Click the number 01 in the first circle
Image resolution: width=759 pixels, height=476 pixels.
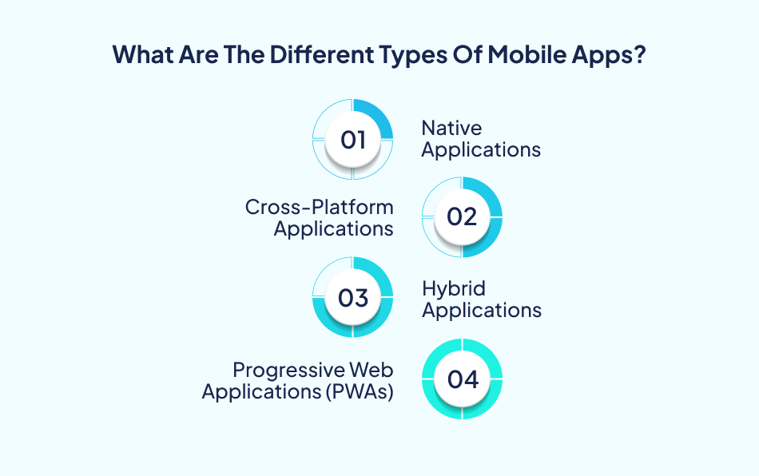[352, 140]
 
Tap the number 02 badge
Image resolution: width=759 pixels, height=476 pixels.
[462, 217]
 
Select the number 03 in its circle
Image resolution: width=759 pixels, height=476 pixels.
[352, 298]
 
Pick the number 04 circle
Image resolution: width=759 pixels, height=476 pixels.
[462, 379]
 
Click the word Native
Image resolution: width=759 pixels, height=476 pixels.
[451, 128]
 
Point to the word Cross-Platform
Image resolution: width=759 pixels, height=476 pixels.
[319, 208]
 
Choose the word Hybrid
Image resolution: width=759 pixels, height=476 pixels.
[454, 289]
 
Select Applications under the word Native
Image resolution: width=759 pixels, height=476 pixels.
[481, 149]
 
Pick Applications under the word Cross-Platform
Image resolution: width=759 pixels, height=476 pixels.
[334, 229]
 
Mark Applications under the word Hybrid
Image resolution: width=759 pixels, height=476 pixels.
[482, 311]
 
